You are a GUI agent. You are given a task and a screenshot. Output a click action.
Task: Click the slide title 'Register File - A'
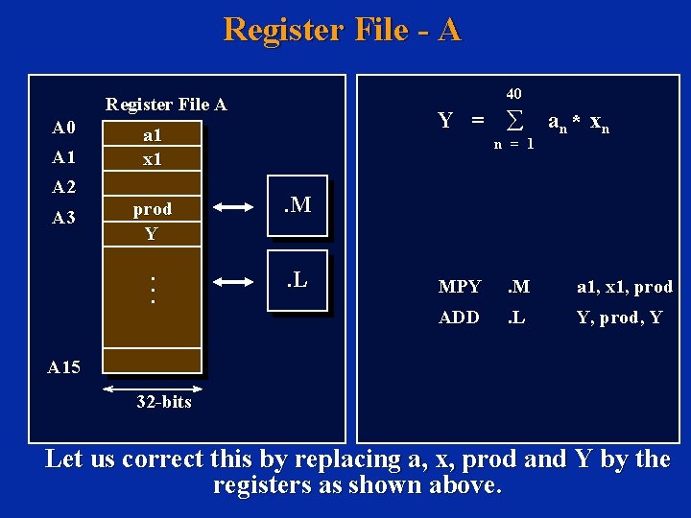[343, 30]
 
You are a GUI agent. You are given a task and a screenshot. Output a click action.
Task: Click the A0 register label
[64, 129]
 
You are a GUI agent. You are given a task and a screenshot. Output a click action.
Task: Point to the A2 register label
[64, 187]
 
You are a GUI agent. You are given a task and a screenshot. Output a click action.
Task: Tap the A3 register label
[64, 218]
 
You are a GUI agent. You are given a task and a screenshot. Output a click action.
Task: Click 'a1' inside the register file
[152, 136]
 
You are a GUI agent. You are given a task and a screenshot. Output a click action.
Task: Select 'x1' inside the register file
[152, 159]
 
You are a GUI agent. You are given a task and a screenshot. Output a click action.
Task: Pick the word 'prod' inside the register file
[152, 209]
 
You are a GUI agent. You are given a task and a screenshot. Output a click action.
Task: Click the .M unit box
[298, 204]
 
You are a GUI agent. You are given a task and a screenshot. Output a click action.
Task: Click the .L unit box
[298, 281]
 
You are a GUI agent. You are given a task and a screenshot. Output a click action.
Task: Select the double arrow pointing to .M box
[233, 205]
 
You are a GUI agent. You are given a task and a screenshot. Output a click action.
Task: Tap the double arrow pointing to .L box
[233, 282]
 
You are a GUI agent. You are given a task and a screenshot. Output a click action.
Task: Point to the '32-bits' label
[162, 402]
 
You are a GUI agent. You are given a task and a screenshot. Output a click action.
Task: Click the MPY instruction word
[459, 287]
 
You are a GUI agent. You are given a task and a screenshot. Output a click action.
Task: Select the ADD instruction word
[459, 318]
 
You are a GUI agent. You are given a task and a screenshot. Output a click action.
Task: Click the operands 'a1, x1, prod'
[624, 287]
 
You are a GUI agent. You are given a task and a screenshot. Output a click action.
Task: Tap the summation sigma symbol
[513, 122]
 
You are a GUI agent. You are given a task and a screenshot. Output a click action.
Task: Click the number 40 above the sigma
[513, 94]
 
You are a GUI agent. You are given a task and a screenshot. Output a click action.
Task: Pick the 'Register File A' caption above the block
[166, 104]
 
